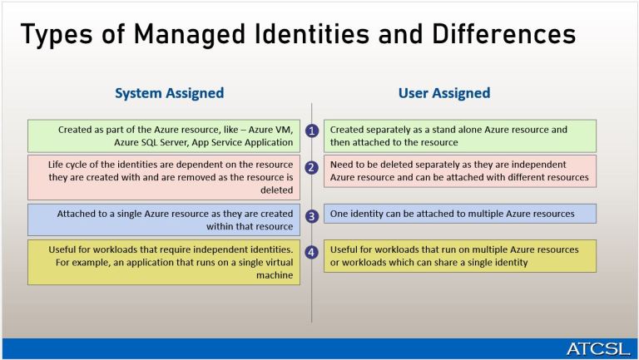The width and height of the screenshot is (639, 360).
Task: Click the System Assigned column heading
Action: pyautogui.click(x=169, y=93)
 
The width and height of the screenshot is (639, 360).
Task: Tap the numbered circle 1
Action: pyautogui.click(x=312, y=131)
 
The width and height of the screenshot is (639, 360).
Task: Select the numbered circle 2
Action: pyautogui.click(x=312, y=167)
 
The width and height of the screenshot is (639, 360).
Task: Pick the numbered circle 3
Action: pyautogui.click(x=312, y=216)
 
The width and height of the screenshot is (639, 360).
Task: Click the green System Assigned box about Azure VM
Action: pyautogui.click(x=162, y=136)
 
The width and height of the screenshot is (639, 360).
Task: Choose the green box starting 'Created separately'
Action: pyautogui.click(x=459, y=136)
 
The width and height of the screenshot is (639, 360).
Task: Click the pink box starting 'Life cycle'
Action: pyautogui.click(x=162, y=176)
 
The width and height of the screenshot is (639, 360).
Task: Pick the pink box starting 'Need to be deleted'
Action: pyautogui.click(x=459, y=170)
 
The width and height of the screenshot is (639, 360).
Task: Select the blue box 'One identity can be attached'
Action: pyautogui.click(x=459, y=214)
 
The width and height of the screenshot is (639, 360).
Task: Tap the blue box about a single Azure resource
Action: pyautogui.click(x=162, y=219)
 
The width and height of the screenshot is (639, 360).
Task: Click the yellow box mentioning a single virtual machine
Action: pyautogui.click(x=162, y=262)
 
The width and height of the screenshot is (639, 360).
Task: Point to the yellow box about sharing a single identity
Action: pyautogui.click(x=459, y=255)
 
